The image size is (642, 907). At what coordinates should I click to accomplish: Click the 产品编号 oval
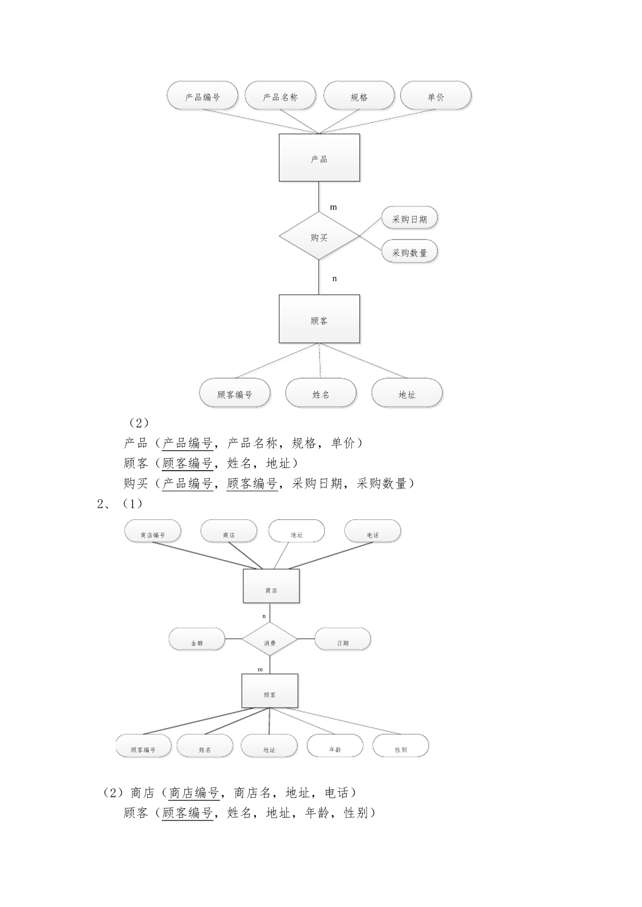point(202,95)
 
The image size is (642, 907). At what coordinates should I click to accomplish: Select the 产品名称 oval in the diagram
point(280,95)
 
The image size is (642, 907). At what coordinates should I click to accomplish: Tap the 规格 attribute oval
point(358,95)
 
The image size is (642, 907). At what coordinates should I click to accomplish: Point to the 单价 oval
point(436,95)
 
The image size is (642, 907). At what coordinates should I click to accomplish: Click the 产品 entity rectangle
point(319,157)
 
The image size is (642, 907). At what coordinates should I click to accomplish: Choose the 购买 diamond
point(319,236)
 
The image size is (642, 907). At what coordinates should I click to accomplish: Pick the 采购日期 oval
point(409,218)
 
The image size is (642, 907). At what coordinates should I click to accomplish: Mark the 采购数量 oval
point(409,252)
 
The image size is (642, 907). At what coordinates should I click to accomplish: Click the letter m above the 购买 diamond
point(333,208)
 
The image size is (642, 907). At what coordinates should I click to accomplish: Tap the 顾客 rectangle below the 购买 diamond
point(319,319)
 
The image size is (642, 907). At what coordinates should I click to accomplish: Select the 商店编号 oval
point(153,531)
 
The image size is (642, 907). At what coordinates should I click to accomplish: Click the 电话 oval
point(372,531)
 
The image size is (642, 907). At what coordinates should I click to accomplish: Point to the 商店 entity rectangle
point(271,586)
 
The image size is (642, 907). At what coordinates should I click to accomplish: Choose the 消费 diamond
point(270,639)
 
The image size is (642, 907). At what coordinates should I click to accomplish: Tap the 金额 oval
point(197,639)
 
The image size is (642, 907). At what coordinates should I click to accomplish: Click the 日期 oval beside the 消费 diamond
point(342,639)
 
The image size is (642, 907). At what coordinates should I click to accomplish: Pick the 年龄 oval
point(335,745)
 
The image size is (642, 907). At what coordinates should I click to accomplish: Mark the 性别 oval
point(401,745)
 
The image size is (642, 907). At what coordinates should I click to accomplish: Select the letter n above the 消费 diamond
point(264,616)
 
